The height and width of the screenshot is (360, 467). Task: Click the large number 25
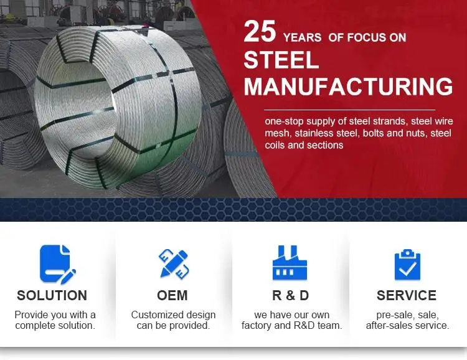coord(260,31)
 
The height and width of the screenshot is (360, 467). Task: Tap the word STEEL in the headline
coord(281,60)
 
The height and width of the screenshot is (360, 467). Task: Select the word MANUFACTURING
coord(349,86)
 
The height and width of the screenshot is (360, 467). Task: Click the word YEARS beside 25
coord(302,37)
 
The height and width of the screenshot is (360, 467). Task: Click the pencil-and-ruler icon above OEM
coord(174,264)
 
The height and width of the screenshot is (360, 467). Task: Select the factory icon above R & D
coord(290,263)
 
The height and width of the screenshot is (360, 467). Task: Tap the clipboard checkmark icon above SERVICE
coord(407,265)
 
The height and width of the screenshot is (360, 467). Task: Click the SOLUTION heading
coord(52,296)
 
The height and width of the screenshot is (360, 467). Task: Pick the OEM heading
coord(172,296)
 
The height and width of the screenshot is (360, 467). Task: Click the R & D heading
coord(290,296)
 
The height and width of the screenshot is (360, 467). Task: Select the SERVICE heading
coord(407,296)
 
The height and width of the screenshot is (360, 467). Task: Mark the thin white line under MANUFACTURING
coord(350,110)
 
